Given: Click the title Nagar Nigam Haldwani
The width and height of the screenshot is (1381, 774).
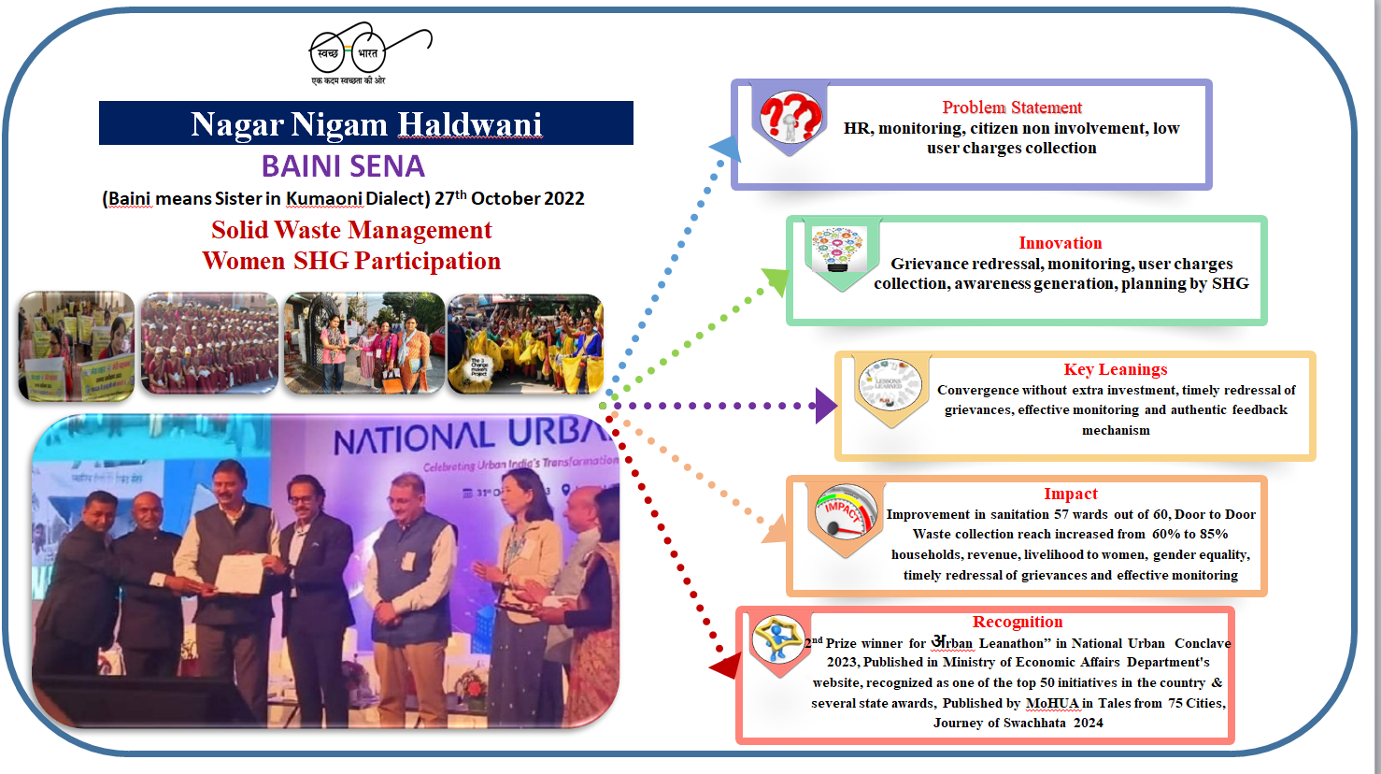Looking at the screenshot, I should point(366,124).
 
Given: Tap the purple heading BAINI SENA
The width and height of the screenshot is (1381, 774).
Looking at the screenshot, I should point(343,166).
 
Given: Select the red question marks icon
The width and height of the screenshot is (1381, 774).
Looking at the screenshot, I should point(790,118).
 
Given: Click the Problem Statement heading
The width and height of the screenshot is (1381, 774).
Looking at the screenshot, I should point(1011,107).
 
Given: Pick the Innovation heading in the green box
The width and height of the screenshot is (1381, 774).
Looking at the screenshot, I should point(1060,243).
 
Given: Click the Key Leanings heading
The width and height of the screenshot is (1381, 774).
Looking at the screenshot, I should point(1115,369).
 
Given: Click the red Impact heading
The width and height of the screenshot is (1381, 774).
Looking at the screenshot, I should point(1070,494).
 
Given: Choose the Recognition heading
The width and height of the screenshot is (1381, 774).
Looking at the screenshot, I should point(1017,622).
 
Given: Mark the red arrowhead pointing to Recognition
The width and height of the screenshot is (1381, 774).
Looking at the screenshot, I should point(725,665).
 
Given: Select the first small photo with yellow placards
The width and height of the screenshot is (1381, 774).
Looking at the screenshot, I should point(77,346).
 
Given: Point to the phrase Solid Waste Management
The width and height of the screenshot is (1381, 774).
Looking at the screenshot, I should point(351,230).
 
